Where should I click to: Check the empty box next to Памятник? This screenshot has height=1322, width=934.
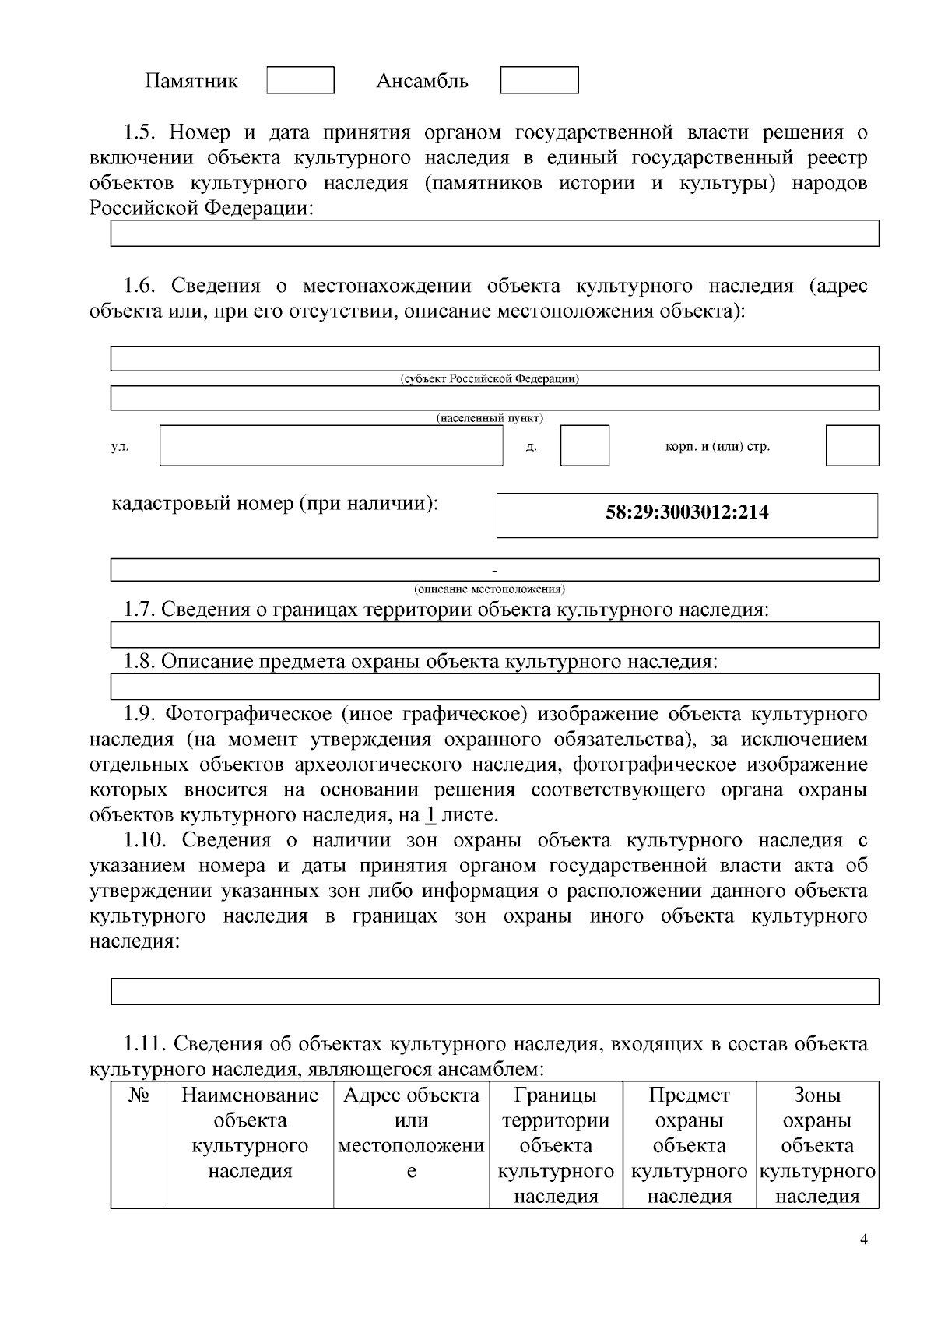coord(300,80)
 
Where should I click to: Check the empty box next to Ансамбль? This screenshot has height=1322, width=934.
coord(539,80)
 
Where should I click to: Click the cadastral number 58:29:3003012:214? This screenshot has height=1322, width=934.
coord(686,512)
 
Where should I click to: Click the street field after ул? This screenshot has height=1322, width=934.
coord(331,445)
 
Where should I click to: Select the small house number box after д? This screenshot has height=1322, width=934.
coord(585,445)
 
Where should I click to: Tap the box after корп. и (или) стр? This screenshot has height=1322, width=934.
coord(851,445)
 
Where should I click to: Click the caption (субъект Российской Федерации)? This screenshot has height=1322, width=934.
coord(490,379)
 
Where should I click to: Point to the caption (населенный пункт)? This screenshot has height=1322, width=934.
coord(490,418)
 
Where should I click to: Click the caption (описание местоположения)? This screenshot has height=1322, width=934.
coord(490,589)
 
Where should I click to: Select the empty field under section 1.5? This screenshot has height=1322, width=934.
coord(494,234)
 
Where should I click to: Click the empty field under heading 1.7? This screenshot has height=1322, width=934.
coord(494,635)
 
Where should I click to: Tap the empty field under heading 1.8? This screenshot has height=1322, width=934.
coord(494,687)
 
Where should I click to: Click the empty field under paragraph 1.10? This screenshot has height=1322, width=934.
coord(494,991)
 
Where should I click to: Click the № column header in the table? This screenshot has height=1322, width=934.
coord(139,1095)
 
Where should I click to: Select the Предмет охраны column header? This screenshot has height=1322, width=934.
coord(689,1145)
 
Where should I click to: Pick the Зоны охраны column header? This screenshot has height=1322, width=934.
coord(816,1145)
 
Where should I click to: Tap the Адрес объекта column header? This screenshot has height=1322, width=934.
coord(411,1133)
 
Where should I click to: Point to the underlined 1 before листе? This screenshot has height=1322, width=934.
coord(430,815)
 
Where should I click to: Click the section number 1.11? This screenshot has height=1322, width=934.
coord(145,1043)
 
